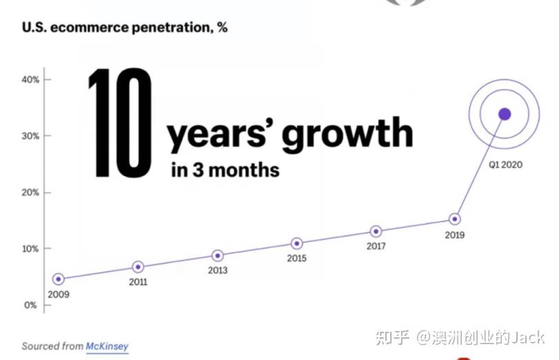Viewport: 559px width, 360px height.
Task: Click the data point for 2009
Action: coord(59,279)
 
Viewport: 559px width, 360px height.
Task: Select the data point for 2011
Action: coord(138,267)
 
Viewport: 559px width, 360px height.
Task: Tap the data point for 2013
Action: coord(218,255)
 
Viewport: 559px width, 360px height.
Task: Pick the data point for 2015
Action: coord(296,243)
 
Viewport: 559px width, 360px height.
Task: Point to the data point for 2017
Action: coord(376,232)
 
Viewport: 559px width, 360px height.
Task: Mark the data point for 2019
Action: coord(454,219)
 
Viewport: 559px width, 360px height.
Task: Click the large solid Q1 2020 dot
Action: coord(505,114)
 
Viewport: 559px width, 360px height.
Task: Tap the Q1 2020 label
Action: coord(505,164)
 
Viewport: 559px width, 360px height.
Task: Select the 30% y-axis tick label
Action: coord(30,136)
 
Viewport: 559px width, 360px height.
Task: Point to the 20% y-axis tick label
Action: coord(30,192)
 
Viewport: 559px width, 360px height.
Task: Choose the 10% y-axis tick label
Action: coord(30,249)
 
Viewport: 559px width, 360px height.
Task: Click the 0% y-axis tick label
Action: coord(30,305)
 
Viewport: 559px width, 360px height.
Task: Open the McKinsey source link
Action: coord(107,346)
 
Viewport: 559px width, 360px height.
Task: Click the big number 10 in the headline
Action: coord(120,122)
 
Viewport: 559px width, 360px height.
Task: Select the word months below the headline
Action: coord(244,170)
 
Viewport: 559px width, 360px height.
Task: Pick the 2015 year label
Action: coord(296,258)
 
